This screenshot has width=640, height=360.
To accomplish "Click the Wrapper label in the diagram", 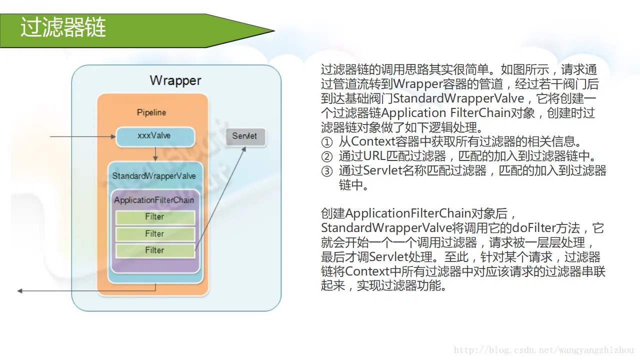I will pos(175,80).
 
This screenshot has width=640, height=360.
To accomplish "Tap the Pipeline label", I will pos(151,112).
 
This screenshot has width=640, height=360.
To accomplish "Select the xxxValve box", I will pos(154,136).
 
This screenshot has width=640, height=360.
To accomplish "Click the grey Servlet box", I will pos(245,136).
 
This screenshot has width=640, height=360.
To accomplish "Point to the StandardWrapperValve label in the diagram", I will pos(154,176).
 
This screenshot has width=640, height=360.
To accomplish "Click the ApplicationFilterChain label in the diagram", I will pos(154,200).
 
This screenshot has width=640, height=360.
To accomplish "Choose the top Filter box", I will pos(155,217).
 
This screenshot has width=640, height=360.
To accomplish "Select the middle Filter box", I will pos(155,234).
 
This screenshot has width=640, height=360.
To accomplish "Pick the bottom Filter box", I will pos(155,250).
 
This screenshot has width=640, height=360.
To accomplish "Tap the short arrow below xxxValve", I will pos(155,153).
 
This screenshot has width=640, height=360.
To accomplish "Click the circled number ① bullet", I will pos(326,142).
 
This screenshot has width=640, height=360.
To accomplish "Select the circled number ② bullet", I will pos(326,157).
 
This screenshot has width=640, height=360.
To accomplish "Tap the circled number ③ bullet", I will pos(326,171).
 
